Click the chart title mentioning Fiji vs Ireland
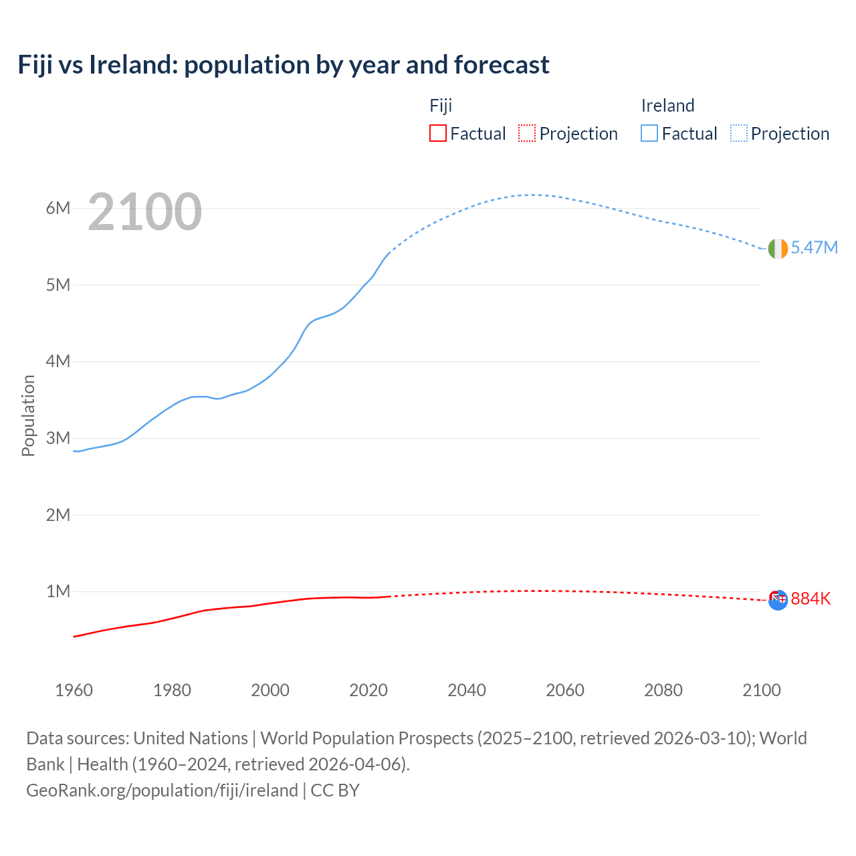(284, 65)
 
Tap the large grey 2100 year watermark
(144, 212)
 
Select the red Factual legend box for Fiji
(437, 134)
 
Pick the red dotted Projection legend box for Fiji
(527, 134)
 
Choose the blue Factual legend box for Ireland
(649, 134)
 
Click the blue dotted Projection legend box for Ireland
(739, 134)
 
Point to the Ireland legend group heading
(667, 106)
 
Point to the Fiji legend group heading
(441, 106)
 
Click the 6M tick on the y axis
(58, 208)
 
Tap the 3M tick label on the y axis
(58, 438)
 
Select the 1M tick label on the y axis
(58, 591)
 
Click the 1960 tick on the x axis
(74, 690)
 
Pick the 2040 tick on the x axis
(467, 690)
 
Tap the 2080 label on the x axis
(663, 690)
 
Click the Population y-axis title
(28, 415)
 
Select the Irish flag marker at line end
(777, 248)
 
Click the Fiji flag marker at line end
(777, 600)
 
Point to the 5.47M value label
(814, 247)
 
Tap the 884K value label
(811, 599)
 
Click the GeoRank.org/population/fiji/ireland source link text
(162, 790)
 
